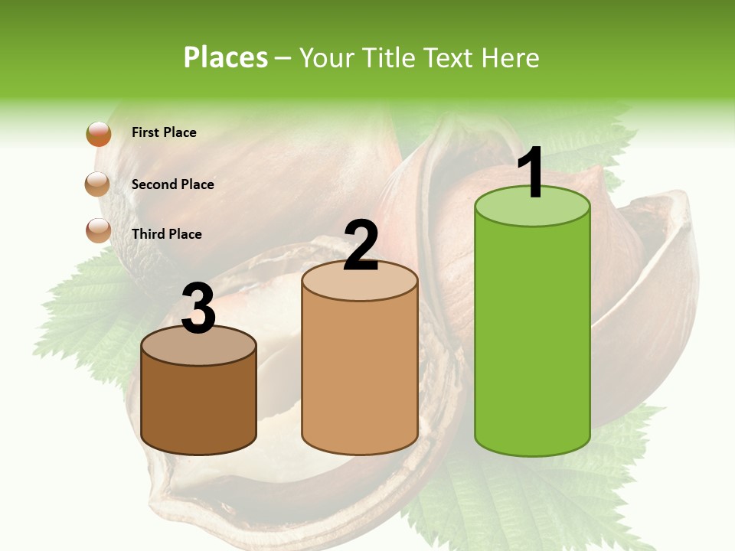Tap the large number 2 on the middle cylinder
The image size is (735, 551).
click(x=361, y=246)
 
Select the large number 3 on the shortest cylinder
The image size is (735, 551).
click(x=198, y=308)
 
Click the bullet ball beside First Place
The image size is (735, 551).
click(x=99, y=133)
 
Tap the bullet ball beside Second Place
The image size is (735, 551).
click(x=98, y=184)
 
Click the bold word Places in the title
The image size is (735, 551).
click(x=226, y=57)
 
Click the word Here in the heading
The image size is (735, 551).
click(x=513, y=57)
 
